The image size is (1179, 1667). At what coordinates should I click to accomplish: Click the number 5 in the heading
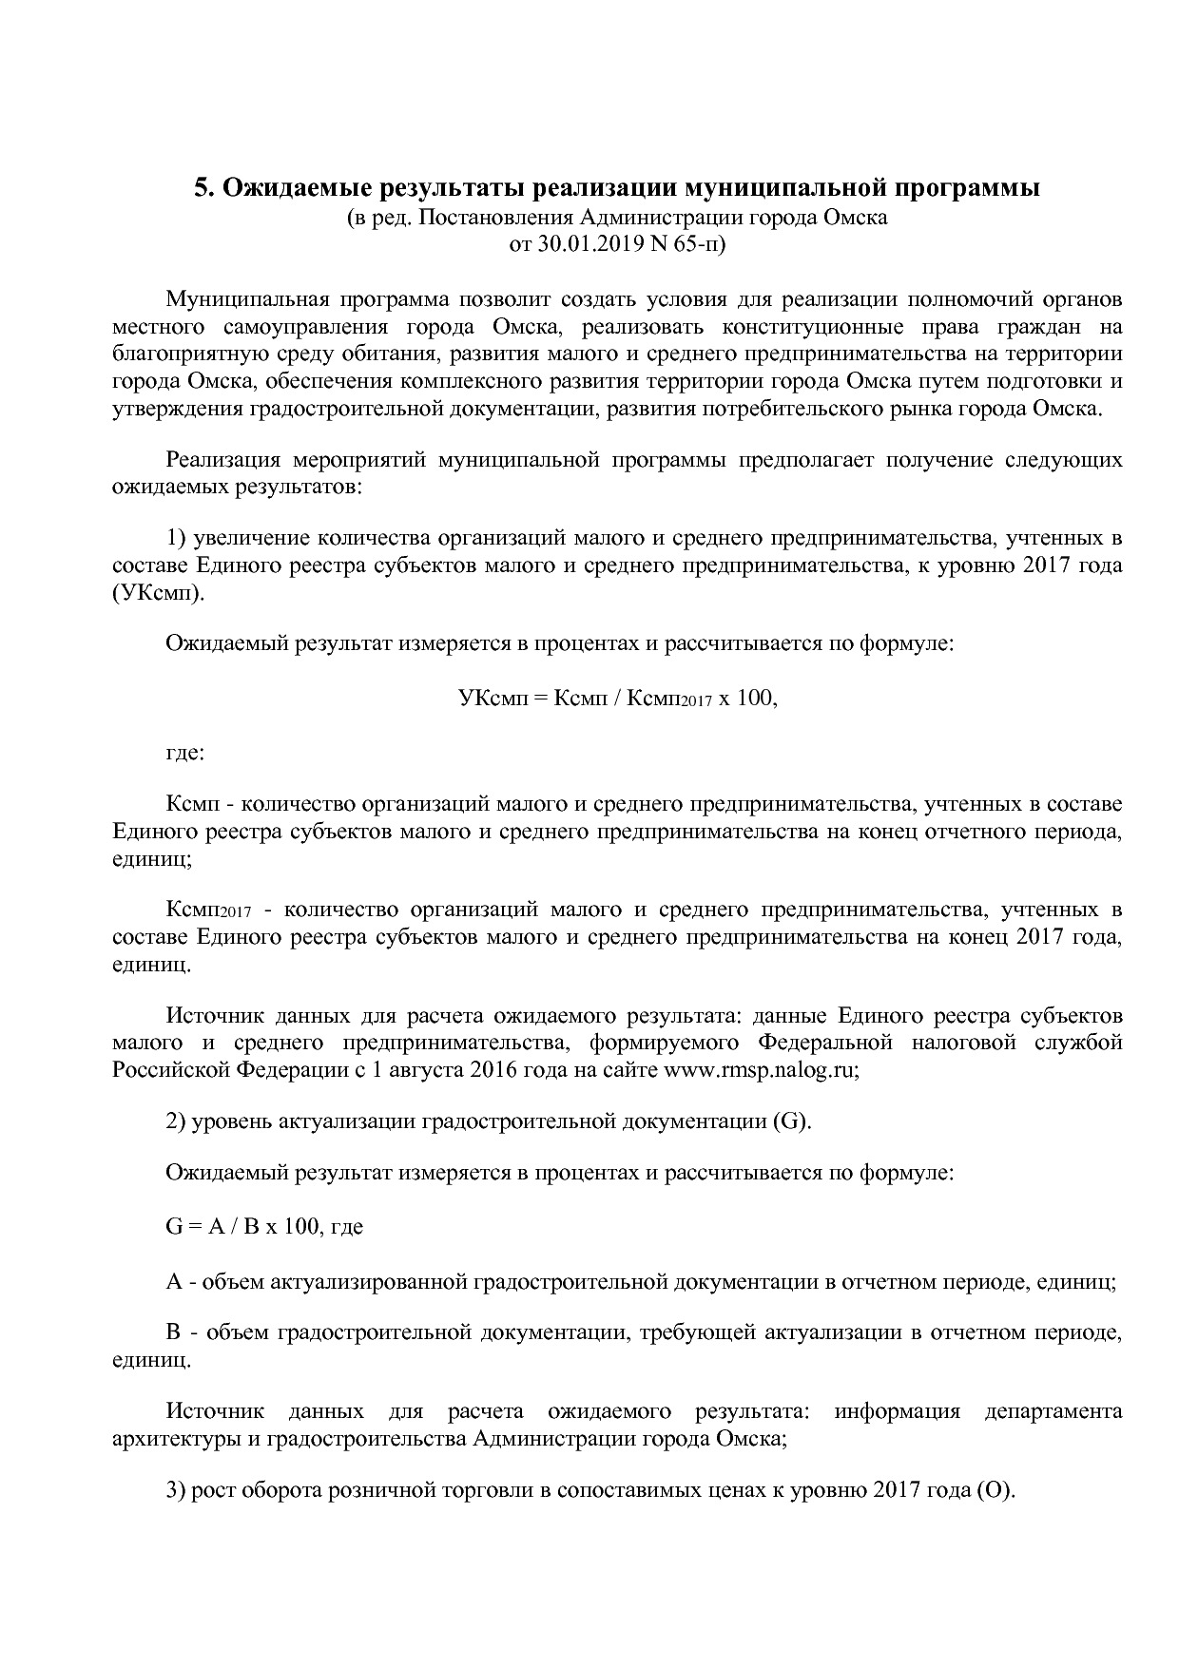point(202,188)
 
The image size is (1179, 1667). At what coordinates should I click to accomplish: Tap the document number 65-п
point(700,244)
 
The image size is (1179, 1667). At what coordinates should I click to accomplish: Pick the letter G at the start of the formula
point(173,1227)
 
